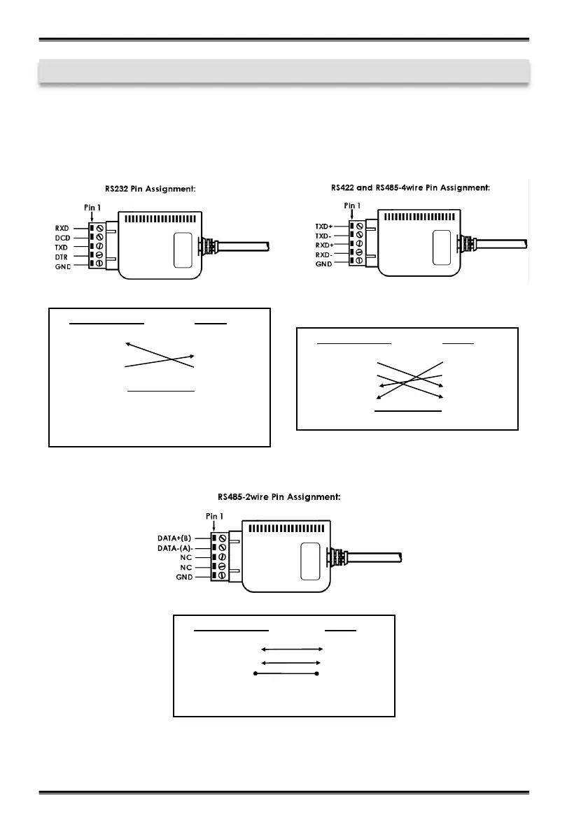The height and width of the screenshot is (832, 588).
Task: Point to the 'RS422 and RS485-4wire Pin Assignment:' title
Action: pos(410,187)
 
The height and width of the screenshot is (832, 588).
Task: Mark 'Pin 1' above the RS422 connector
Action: pos(351,206)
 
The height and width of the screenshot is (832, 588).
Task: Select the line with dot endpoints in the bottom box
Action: pos(286,674)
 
